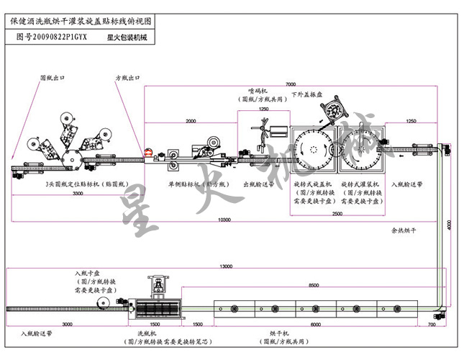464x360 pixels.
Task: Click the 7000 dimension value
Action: (x=291, y=84)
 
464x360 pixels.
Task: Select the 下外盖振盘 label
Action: (x=307, y=95)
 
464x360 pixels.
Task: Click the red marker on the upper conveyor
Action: (x=149, y=153)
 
